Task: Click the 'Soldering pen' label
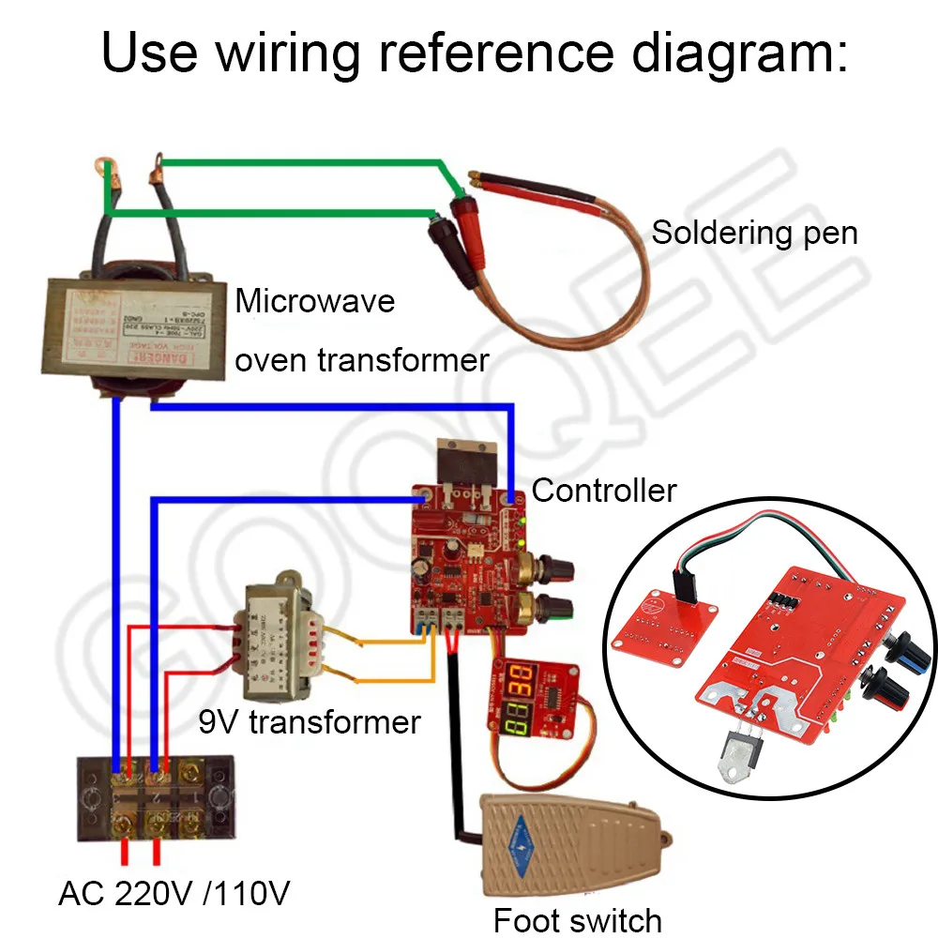click(754, 232)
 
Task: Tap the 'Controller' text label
click(603, 490)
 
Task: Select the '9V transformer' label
click(309, 722)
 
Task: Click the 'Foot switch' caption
click(577, 920)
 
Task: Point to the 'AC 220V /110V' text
click(174, 893)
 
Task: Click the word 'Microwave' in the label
click(314, 302)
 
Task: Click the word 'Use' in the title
click(149, 53)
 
